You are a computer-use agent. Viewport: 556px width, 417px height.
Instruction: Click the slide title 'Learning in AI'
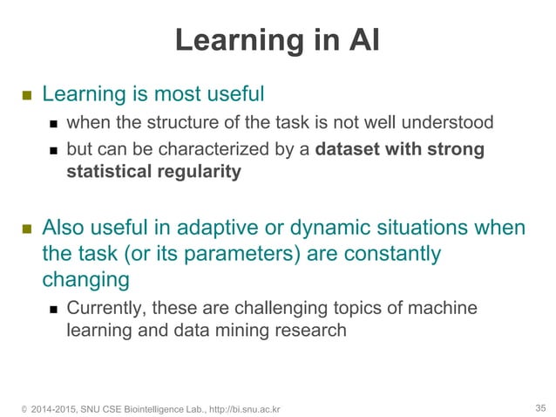[277, 40]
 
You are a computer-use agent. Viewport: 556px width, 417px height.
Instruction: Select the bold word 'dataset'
[347, 149]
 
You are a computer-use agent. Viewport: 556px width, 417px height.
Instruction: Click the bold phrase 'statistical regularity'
[153, 171]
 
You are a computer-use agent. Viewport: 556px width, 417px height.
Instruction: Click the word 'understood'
[450, 121]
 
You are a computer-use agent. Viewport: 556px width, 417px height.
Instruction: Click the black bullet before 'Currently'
[54, 309]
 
